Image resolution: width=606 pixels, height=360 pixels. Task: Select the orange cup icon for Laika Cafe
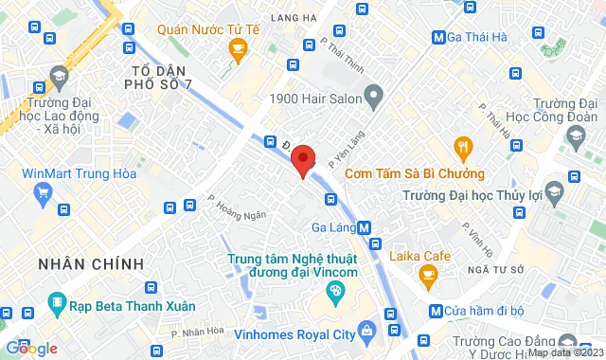coord(428,276)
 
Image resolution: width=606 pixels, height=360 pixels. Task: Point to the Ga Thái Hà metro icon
coord(438,37)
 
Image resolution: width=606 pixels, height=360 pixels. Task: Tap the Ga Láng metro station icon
coord(365,226)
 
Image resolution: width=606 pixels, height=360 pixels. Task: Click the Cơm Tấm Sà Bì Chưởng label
coord(415,173)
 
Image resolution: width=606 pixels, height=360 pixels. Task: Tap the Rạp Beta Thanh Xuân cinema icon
coord(58,306)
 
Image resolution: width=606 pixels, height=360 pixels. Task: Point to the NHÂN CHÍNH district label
coord(91,262)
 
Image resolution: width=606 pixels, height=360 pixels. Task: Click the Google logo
coord(31,348)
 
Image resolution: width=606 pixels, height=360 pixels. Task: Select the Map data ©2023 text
coord(564,353)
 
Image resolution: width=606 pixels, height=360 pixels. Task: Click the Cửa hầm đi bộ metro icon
coord(435,310)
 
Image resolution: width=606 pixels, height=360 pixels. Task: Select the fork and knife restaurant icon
coord(462,147)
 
